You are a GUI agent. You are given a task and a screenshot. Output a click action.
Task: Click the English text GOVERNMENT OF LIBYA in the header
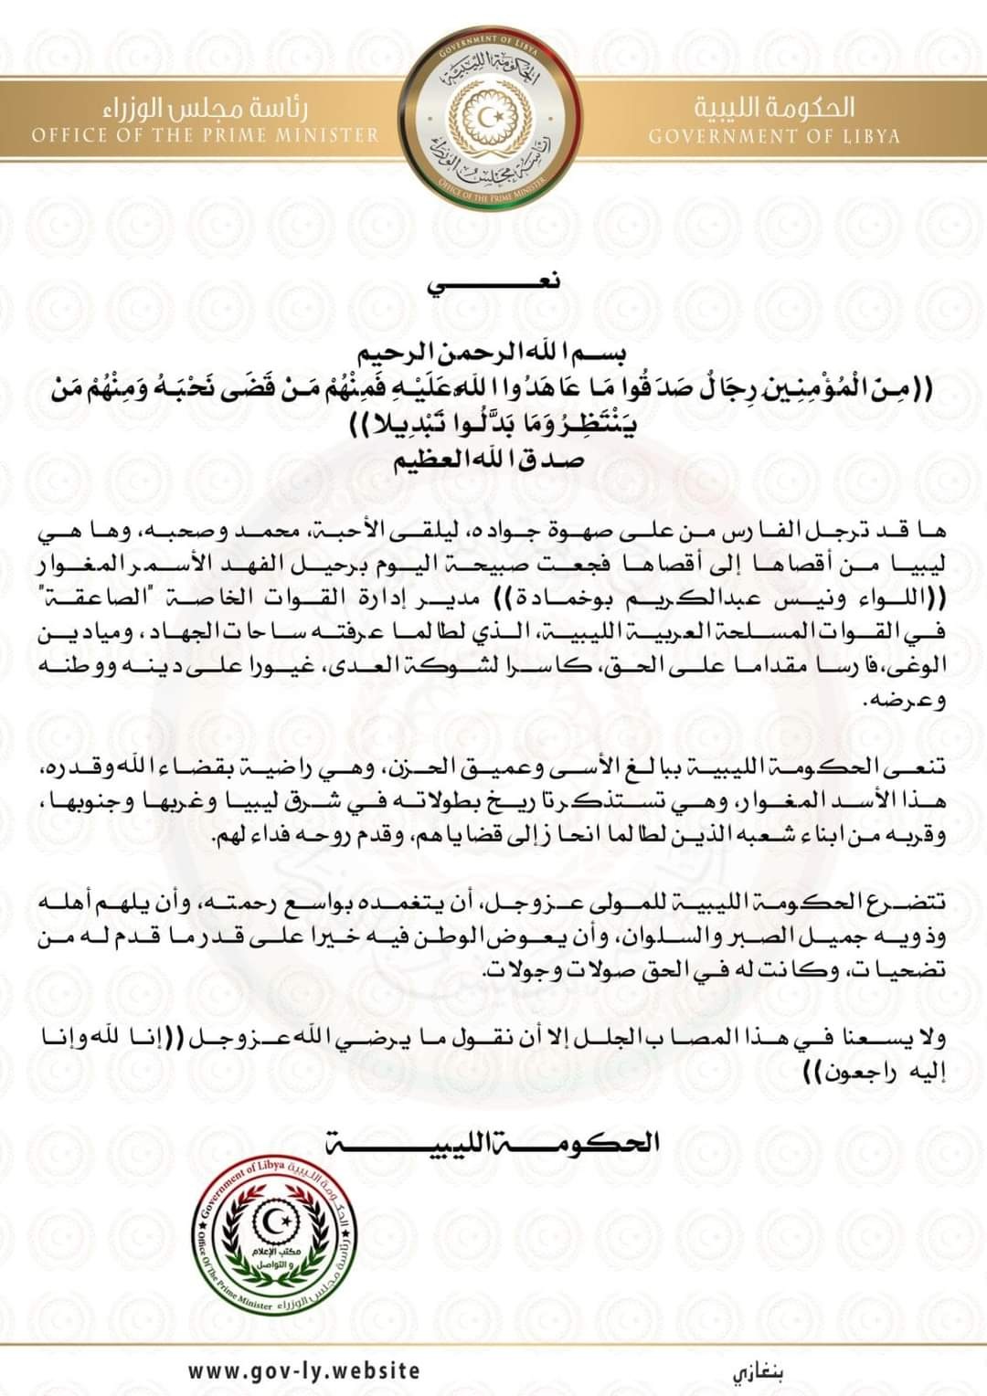click(x=774, y=137)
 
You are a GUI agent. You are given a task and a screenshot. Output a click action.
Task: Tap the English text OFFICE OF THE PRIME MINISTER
click(x=205, y=135)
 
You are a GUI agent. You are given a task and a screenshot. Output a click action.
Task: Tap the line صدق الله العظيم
click(x=493, y=461)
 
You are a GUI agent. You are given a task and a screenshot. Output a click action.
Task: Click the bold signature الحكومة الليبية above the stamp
click(x=493, y=1142)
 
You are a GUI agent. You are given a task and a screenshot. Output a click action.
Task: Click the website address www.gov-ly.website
click(x=304, y=1370)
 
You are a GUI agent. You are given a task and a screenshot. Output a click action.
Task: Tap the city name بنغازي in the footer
click(x=758, y=1372)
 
